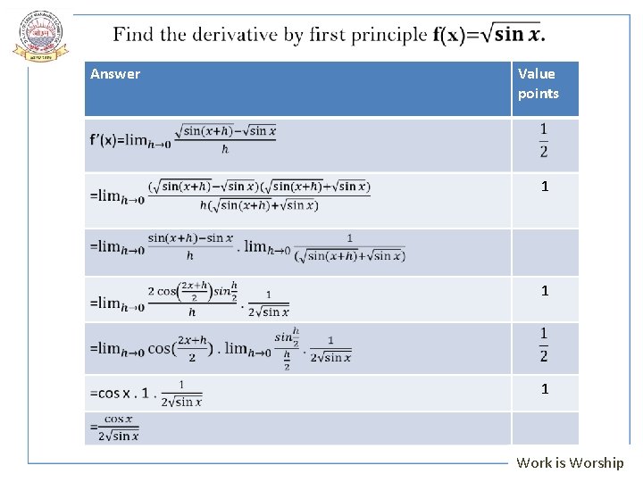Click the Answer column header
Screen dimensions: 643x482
point(115,74)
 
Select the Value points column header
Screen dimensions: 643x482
point(538,83)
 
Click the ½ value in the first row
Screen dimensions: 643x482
point(544,141)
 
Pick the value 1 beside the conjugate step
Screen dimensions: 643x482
point(545,187)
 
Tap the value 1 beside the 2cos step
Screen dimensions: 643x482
point(545,291)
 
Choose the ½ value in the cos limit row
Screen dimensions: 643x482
point(544,345)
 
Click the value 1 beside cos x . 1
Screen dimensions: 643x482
point(545,389)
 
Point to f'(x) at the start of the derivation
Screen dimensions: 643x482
point(106,140)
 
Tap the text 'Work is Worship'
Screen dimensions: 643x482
point(570,462)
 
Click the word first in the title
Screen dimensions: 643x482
point(327,35)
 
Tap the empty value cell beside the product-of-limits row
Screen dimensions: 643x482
point(545,252)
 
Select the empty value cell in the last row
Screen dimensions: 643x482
point(545,428)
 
